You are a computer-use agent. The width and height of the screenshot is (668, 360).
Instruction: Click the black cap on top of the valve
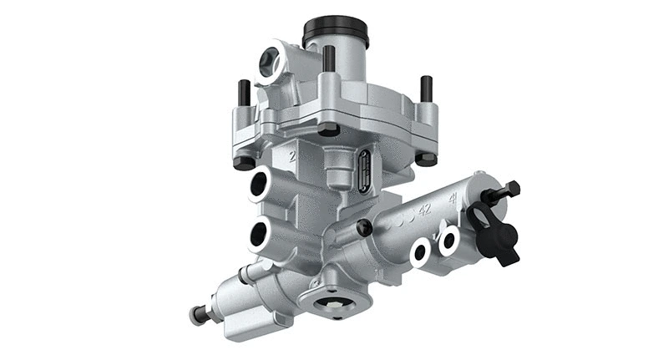[x=336, y=32]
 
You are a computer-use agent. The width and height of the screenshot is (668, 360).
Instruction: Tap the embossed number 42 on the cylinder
[x=424, y=210]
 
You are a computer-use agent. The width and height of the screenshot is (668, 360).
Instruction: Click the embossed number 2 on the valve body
[x=292, y=155]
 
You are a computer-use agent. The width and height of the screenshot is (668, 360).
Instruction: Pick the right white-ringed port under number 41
[x=449, y=241]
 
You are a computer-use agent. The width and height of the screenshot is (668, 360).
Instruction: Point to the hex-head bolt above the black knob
[x=503, y=191]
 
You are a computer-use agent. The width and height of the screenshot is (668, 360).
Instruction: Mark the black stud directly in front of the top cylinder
[x=329, y=58]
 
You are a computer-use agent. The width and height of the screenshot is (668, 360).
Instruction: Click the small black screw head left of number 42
[x=364, y=227]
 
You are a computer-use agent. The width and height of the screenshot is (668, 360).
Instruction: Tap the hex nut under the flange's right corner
[x=424, y=157]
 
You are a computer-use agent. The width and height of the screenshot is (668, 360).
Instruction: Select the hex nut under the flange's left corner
[x=244, y=161]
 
